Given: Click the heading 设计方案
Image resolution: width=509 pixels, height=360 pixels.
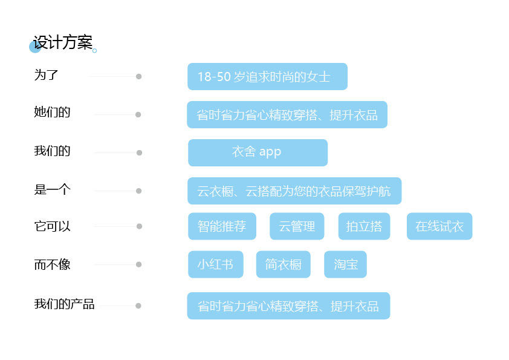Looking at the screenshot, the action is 63,43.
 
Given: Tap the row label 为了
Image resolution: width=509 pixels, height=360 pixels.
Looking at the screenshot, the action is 46,75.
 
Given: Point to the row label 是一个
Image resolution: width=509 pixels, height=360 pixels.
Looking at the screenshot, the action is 52,189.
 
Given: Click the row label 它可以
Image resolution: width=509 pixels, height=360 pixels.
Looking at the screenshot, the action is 52,226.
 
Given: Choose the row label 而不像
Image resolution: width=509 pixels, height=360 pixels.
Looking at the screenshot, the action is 52,264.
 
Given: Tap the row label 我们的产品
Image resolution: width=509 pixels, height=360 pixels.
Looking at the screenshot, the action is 64,304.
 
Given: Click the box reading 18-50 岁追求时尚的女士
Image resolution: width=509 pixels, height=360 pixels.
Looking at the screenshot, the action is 267,77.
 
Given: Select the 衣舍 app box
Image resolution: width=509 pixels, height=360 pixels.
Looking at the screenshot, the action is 258,152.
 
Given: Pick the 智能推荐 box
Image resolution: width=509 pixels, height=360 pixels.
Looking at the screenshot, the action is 222,226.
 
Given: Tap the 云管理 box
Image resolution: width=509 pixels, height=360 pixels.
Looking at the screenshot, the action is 297,226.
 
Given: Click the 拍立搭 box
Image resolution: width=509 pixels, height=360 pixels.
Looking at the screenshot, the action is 364,226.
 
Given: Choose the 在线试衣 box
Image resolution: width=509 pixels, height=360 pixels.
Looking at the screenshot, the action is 439,226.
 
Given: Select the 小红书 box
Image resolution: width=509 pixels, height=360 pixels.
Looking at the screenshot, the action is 215,264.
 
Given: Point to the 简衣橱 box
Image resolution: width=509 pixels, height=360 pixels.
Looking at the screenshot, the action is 283,264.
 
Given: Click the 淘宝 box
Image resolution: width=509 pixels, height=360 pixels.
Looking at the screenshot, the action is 345,264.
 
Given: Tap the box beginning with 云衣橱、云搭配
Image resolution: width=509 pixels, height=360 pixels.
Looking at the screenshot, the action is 294,191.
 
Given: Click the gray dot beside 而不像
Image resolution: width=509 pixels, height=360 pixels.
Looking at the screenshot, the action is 138,264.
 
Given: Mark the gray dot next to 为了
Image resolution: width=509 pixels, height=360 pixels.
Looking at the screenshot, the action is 138,77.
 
